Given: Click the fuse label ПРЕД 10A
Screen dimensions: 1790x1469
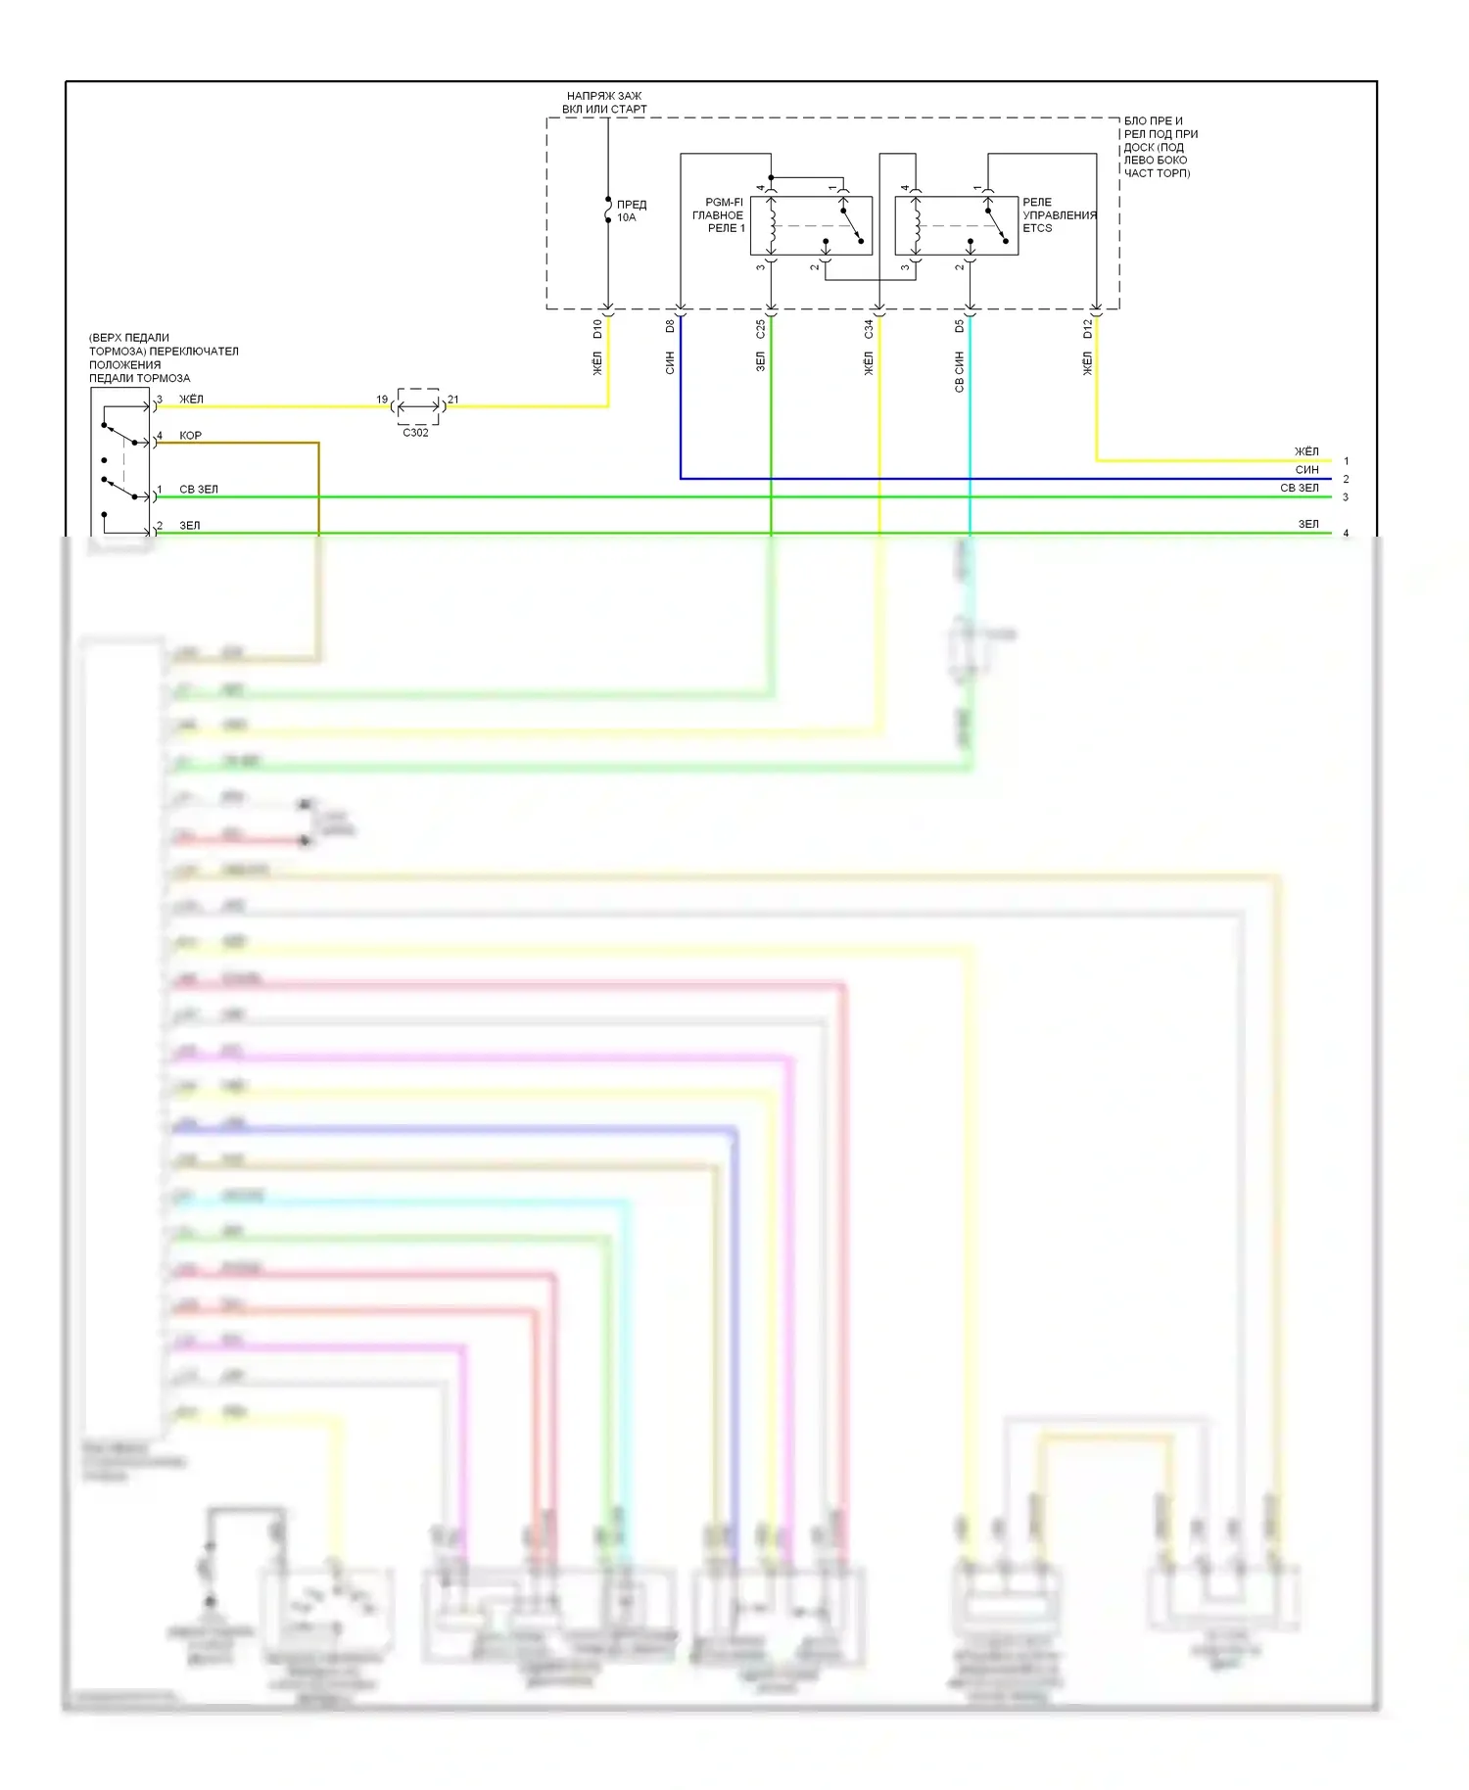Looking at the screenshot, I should coord(631,211).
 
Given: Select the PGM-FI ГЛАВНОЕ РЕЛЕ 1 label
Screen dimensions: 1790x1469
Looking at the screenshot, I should coord(719,215).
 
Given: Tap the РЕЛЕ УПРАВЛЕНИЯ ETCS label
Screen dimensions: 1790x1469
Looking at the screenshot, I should coord(1059,215).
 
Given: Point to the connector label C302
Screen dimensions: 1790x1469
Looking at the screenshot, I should coord(415,433).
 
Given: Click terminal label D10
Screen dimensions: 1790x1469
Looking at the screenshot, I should coord(597,329).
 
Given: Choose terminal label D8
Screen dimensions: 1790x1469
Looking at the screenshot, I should coord(671,326).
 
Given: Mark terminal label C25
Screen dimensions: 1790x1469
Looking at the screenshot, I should coord(761,329).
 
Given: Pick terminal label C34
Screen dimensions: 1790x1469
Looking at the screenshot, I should coord(869,329).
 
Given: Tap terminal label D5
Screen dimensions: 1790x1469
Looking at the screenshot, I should coord(960,326).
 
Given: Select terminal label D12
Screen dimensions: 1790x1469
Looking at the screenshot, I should coord(1087,329).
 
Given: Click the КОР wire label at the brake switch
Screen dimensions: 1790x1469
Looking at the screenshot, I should coord(190,436).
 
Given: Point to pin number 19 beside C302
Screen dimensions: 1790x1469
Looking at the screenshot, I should coord(382,400).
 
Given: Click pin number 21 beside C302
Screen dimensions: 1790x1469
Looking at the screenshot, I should coord(452,400).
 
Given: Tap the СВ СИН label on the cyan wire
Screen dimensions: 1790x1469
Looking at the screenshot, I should coord(960,372).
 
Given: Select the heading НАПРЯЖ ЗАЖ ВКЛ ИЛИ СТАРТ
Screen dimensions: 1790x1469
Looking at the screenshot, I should coord(604,103).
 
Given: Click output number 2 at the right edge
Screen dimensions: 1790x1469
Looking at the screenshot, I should coord(1346,479).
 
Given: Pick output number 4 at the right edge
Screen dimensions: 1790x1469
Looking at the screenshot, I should coord(1346,534).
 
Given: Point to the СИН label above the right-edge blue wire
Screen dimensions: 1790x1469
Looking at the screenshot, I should coord(1306,470).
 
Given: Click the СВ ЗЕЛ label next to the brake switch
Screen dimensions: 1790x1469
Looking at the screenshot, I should coord(199,490).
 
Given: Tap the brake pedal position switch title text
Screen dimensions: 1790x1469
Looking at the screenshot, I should coord(163,357).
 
